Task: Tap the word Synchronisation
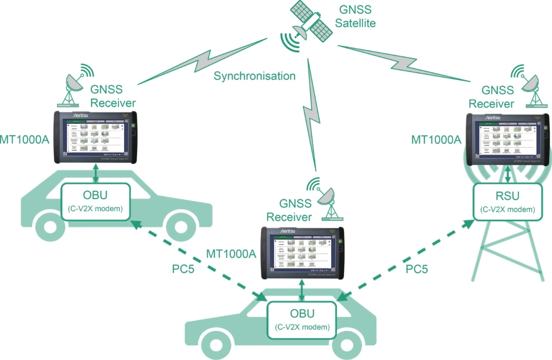coord(255,76)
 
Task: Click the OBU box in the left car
coord(96,202)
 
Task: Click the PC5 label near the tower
coord(417,269)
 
